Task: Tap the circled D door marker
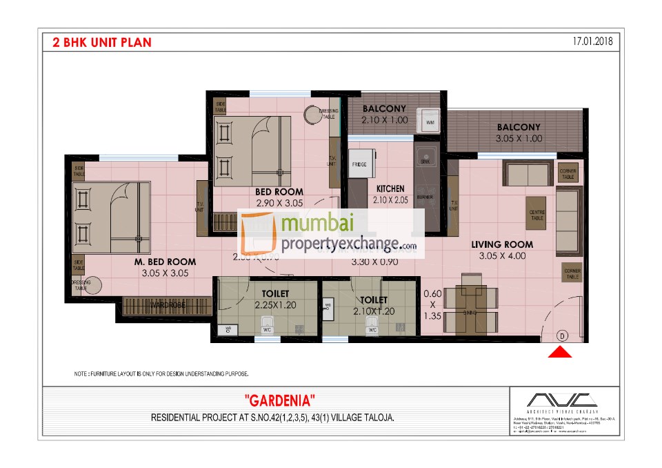[562, 336]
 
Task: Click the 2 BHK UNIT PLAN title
[102, 42]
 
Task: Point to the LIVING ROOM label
[502, 244]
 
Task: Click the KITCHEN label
[390, 188]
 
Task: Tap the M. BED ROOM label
[165, 262]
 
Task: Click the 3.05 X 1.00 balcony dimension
[519, 138]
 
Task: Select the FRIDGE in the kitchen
[359, 166]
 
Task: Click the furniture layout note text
[161, 373]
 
